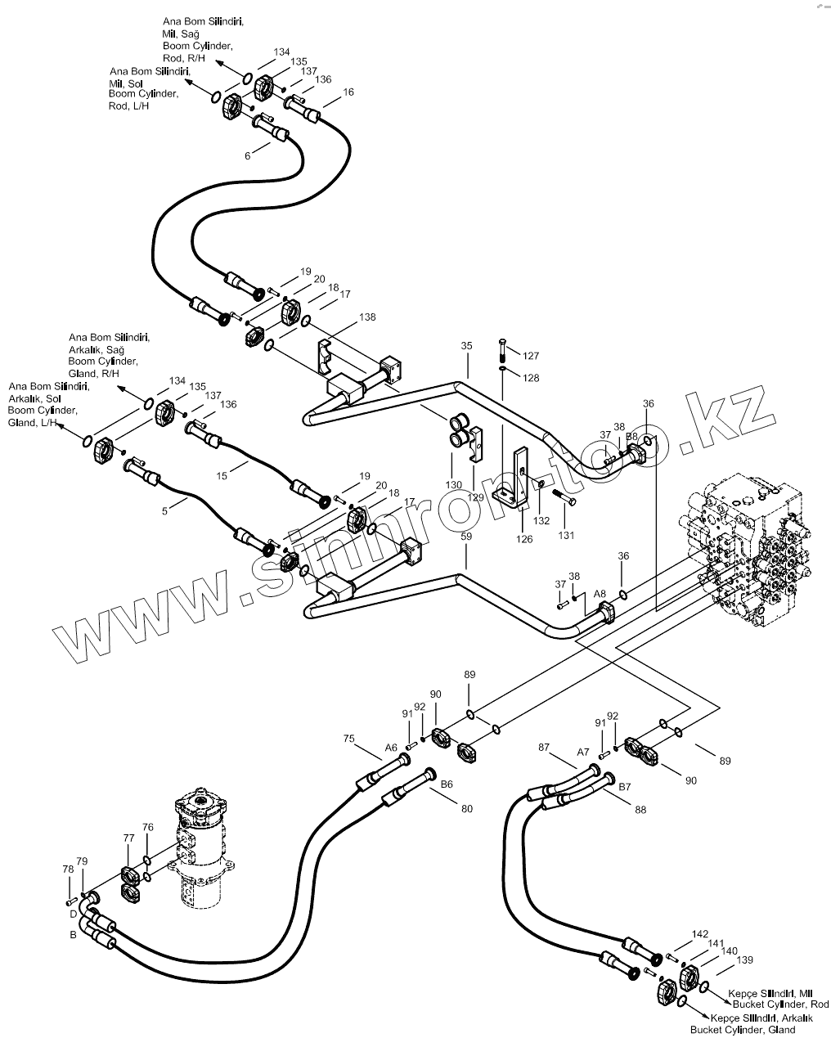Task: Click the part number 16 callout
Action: pyautogui.click(x=348, y=92)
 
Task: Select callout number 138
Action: pyautogui.click(x=367, y=317)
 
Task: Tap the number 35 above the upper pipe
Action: pyautogui.click(x=466, y=346)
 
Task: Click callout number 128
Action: pyautogui.click(x=531, y=378)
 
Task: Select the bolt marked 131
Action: pyautogui.click(x=564, y=497)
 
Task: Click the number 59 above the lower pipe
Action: pyautogui.click(x=466, y=536)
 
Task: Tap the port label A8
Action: pyautogui.click(x=600, y=594)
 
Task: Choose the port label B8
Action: pyautogui.click(x=631, y=437)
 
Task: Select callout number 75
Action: pyautogui.click(x=349, y=739)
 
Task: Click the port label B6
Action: pyautogui.click(x=447, y=784)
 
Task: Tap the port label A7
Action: pyautogui.click(x=583, y=753)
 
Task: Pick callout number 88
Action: pyautogui.click(x=640, y=810)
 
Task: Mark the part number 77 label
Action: pyautogui.click(x=128, y=838)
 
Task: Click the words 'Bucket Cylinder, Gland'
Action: pyautogui.click(x=743, y=1030)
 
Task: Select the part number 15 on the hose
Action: pyautogui.click(x=222, y=475)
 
